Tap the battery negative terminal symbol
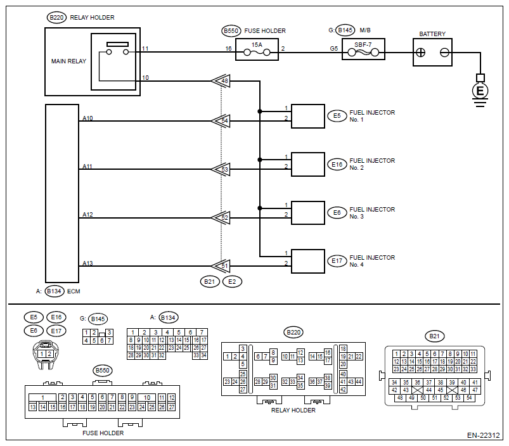pos(445,53)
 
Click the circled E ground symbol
pos(480,91)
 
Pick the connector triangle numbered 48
pos(221,81)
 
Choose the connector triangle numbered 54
pos(221,121)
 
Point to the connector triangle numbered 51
pos(221,266)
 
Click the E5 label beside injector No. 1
pos(337,116)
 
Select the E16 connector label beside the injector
pos(337,165)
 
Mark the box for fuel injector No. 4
pos(307,261)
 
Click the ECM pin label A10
pos(87,118)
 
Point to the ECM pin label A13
pos(87,263)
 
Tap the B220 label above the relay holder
pos(56,18)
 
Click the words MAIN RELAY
pos(68,61)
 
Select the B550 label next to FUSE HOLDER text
pos(229,30)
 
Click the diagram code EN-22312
pos(484,436)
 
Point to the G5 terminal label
pos(333,48)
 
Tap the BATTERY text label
pos(432,34)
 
